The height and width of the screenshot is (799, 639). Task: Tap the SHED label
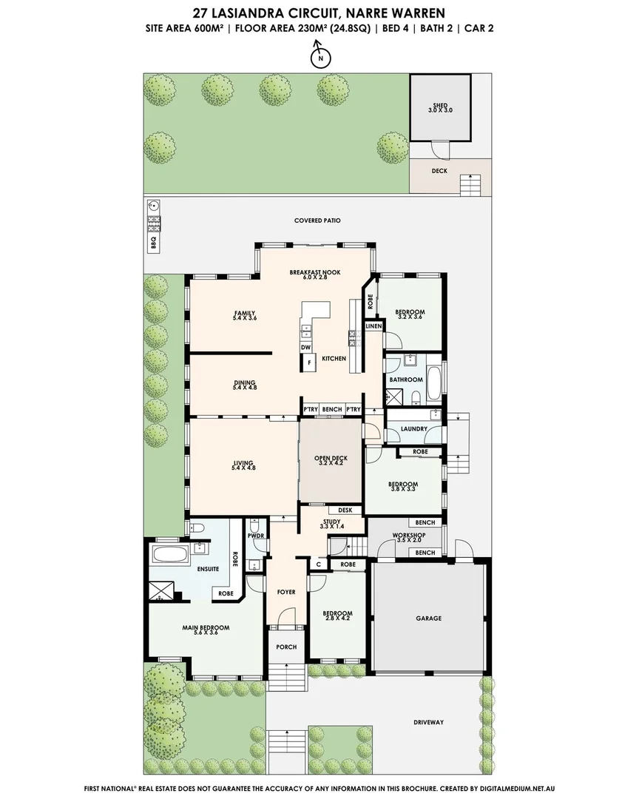(439, 107)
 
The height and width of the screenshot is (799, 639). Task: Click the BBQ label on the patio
(154, 242)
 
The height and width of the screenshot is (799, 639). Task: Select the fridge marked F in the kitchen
(309, 363)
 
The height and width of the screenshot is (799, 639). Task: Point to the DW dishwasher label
(305, 348)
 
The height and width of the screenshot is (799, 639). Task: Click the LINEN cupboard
(373, 326)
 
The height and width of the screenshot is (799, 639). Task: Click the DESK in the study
(344, 510)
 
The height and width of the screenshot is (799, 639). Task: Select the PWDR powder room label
(257, 535)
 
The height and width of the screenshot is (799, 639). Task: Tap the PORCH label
(286, 647)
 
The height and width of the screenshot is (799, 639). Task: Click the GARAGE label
(428, 618)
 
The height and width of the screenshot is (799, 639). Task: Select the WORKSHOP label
(408, 535)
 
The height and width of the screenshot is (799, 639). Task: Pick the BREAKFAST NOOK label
(314, 273)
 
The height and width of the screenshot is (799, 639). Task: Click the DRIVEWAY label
(428, 722)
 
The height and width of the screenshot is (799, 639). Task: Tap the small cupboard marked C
(318, 564)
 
